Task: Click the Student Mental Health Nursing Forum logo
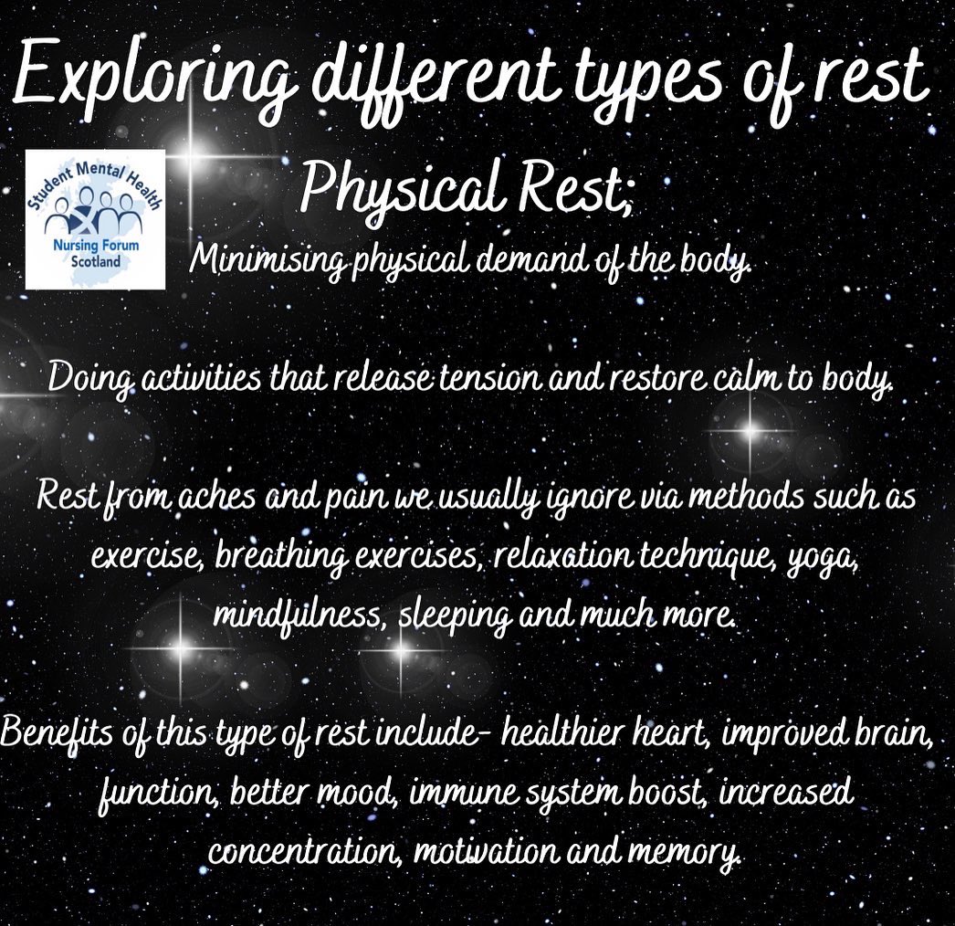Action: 96,219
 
